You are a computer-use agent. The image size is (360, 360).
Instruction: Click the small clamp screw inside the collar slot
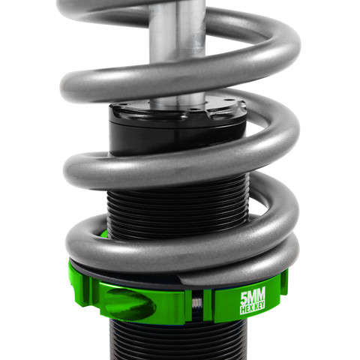[197, 304]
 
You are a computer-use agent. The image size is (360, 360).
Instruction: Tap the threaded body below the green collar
[172, 341]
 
